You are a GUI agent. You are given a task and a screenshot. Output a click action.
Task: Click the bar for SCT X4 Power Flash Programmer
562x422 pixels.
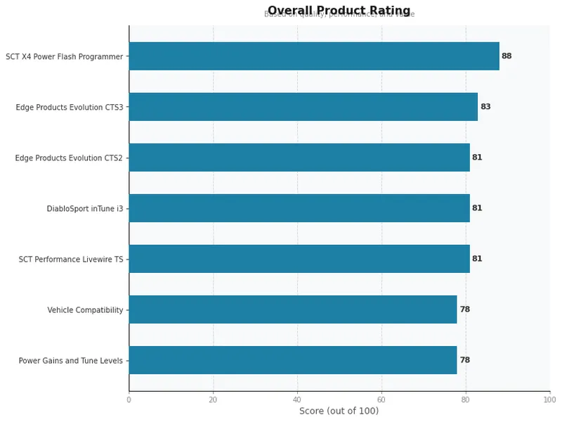pyautogui.click(x=314, y=56)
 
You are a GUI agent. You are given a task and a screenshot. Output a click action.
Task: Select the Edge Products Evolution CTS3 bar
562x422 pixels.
pyautogui.click(x=303, y=107)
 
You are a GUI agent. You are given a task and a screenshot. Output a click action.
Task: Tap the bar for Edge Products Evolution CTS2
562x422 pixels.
pyautogui.click(x=299, y=158)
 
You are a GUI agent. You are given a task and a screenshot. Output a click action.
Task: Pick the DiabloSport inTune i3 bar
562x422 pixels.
pyautogui.click(x=299, y=208)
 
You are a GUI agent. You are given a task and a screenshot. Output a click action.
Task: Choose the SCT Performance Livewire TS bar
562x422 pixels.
pyautogui.click(x=299, y=259)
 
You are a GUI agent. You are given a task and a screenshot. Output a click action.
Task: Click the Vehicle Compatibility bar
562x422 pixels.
pyautogui.click(x=293, y=309)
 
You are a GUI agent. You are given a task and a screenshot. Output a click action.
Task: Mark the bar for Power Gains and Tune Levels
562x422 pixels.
pyautogui.click(x=293, y=360)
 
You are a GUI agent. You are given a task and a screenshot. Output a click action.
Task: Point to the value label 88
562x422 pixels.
pyautogui.click(x=507, y=56)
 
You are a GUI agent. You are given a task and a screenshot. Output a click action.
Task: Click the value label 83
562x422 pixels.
pyautogui.click(x=485, y=107)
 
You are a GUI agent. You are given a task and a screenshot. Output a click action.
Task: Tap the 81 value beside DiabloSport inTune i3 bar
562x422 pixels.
pyautogui.click(x=477, y=208)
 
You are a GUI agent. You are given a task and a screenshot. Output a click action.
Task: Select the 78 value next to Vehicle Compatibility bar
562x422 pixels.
pyautogui.click(x=464, y=309)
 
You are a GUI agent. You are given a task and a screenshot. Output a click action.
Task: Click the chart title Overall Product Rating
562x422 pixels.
pyautogui.click(x=339, y=11)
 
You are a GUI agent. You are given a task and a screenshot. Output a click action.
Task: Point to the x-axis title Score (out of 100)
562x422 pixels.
pyautogui.click(x=339, y=411)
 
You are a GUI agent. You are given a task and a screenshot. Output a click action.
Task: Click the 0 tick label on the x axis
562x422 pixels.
pyautogui.click(x=129, y=399)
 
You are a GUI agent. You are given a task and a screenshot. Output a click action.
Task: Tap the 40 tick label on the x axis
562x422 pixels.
pyautogui.click(x=297, y=399)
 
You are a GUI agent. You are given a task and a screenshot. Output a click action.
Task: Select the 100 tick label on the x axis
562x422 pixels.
pyautogui.click(x=549, y=399)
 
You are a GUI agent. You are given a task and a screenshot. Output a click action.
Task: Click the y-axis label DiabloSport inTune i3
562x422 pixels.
pyautogui.click(x=85, y=209)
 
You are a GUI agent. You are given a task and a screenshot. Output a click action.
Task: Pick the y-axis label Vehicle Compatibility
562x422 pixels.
pyautogui.click(x=85, y=310)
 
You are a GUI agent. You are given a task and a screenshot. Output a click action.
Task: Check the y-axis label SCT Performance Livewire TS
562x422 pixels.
pyautogui.click(x=71, y=260)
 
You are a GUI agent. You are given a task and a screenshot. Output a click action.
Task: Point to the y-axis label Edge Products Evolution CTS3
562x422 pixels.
pyautogui.click(x=70, y=108)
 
